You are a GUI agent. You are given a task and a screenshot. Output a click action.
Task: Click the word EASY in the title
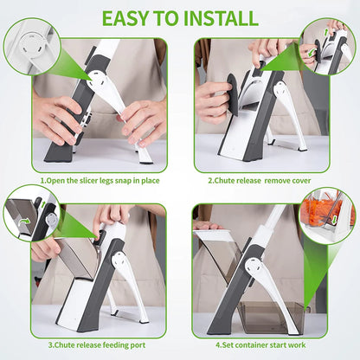[x=130, y=17]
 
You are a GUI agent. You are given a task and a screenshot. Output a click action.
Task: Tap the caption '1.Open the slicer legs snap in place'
[x=100, y=182]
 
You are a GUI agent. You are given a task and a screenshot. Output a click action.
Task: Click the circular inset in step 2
[x=325, y=47]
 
